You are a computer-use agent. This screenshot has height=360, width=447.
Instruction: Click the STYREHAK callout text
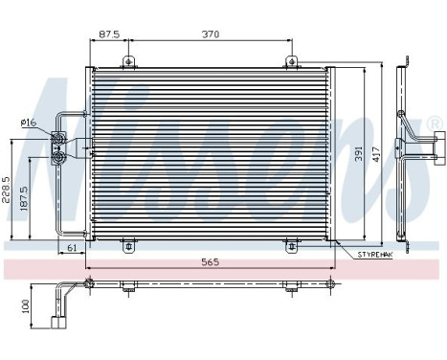[x=375, y=254]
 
